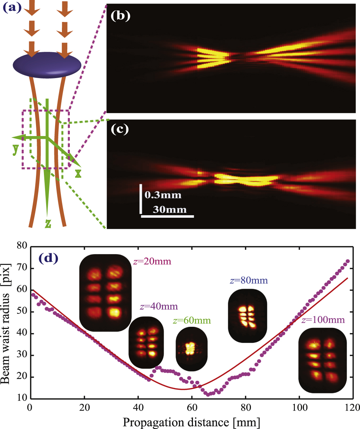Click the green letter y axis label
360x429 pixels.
click(15, 149)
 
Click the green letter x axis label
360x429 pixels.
click(78, 173)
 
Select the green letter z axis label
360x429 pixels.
click(48, 223)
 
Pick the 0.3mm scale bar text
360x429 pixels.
click(163, 195)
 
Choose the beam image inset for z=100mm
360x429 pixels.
click(323, 360)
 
